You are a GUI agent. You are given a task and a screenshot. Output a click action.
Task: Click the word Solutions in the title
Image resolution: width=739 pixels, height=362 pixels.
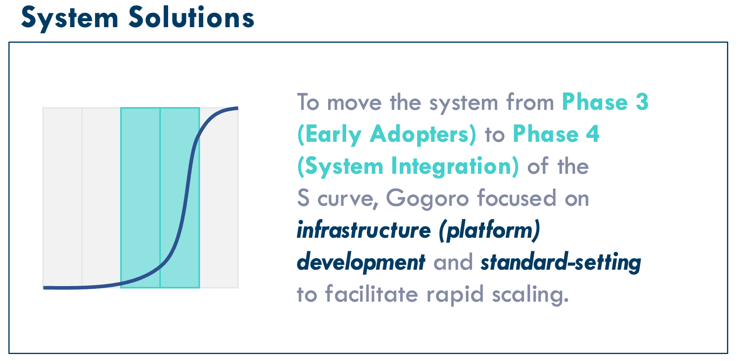(x=191, y=18)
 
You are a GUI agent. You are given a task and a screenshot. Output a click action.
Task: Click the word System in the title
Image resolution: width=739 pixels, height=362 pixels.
(x=70, y=19)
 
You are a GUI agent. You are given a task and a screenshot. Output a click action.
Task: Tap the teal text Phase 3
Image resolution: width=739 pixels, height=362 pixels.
(x=605, y=102)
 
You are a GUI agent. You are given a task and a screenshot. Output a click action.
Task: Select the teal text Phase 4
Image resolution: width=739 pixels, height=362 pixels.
(x=556, y=134)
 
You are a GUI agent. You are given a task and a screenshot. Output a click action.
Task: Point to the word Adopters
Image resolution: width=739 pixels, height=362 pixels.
(x=423, y=135)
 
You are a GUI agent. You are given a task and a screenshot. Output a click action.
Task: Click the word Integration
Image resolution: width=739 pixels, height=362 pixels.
(x=455, y=167)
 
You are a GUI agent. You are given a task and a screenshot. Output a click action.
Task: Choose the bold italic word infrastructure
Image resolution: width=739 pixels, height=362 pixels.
(x=364, y=230)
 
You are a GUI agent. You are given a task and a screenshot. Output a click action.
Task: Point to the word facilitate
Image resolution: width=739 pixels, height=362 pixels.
(x=372, y=294)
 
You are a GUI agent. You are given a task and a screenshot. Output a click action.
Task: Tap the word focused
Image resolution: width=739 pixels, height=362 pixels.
(x=517, y=198)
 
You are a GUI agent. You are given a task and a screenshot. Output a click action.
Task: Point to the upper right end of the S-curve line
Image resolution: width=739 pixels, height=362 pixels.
(x=238, y=108)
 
